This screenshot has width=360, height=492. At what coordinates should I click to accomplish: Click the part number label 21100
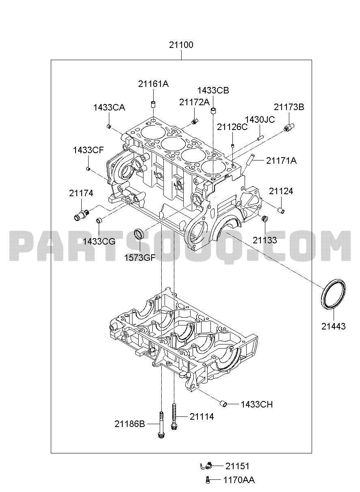click(181, 45)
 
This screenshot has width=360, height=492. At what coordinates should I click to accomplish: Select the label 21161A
click(153, 84)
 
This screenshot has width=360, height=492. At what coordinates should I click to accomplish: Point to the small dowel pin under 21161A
click(153, 104)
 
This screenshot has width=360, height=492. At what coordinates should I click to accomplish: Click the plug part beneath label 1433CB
click(213, 111)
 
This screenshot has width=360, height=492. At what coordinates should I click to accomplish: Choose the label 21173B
click(289, 107)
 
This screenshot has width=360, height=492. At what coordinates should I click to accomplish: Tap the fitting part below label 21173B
click(289, 128)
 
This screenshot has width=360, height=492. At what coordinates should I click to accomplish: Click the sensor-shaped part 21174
click(82, 215)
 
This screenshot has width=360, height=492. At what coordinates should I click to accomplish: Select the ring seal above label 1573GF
click(139, 234)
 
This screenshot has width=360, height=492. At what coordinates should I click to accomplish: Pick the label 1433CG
click(99, 241)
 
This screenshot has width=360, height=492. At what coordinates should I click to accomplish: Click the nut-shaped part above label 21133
click(265, 218)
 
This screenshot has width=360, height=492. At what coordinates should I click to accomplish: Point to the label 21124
click(281, 191)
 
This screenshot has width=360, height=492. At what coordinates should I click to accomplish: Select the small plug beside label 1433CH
click(223, 404)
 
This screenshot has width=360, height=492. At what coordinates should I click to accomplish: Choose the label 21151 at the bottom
click(238, 466)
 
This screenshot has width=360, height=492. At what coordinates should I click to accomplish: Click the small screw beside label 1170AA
click(208, 480)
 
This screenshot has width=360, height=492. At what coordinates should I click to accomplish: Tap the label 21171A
click(281, 161)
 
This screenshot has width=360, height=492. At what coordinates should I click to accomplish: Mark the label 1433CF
click(88, 150)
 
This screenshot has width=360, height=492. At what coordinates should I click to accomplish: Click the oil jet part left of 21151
click(206, 466)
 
